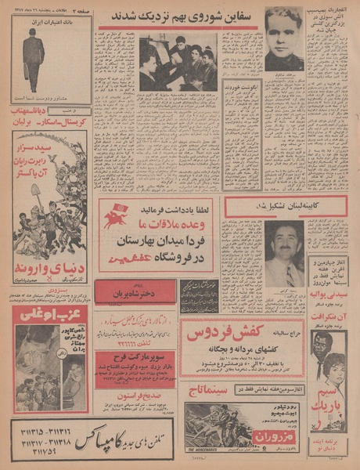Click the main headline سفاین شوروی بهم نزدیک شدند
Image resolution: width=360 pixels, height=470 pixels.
[178, 16]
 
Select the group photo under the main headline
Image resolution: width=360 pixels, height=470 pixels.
[178, 62]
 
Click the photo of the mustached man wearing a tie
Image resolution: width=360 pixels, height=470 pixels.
[283, 254]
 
